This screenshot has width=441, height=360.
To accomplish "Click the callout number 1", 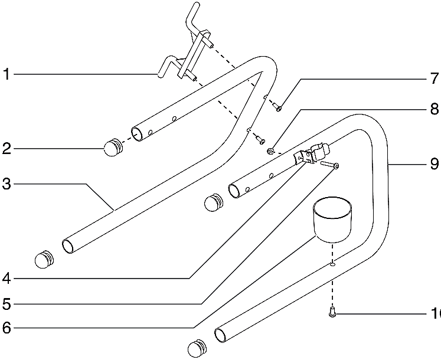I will click(6, 75).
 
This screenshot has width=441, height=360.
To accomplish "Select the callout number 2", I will click(6, 148).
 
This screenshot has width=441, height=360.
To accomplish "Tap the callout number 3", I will click(6, 184).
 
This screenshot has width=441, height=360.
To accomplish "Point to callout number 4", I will click(6, 278).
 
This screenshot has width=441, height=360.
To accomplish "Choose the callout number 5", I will click(6, 305).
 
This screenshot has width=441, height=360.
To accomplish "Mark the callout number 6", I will click(6, 328).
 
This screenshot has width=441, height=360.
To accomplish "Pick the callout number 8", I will click(434, 109).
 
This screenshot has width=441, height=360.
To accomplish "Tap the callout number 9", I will click(434, 163).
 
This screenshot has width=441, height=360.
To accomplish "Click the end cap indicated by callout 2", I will click(112, 148).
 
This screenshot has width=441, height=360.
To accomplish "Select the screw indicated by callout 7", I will click(277, 107).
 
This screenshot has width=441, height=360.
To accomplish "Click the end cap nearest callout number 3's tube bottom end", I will click(44, 258).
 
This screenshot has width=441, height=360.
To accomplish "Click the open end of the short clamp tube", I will click(232, 191).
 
